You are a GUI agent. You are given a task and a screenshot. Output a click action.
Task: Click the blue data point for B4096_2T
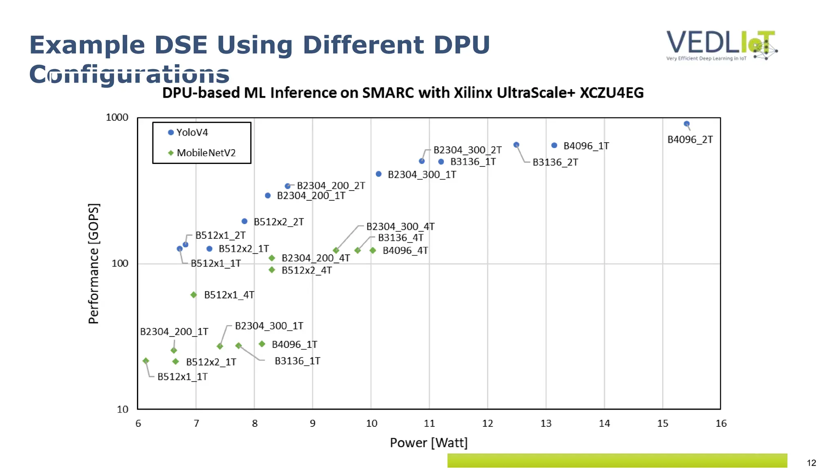[x=687, y=124]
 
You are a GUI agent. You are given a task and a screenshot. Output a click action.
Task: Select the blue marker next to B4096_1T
[x=554, y=146]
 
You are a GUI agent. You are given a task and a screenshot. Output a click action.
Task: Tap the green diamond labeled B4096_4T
[x=373, y=250]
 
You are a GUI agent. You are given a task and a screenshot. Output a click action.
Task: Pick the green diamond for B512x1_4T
[x=194, y=295]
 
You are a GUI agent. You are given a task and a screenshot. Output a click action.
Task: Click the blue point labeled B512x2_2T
[x=244, y=221]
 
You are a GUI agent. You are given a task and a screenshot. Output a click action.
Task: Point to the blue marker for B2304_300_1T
[x=378, y=174]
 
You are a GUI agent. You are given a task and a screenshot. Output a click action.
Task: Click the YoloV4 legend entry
[x=188, y=132]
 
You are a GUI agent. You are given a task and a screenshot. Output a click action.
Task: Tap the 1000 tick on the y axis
[x=117, y=118]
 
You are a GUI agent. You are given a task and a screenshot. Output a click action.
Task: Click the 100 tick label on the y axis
[x=120, y=263]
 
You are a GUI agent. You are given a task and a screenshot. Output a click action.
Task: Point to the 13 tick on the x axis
[x=546, y=424]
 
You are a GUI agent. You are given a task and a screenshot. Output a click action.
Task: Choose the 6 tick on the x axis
[x=138, y=424]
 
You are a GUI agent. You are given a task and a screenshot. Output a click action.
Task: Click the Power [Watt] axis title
[x=428, y=443]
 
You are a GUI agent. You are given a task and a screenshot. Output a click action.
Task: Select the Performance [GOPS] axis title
[x=94, y=264]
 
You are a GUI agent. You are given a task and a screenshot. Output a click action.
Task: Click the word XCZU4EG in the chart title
[x=611, y=93]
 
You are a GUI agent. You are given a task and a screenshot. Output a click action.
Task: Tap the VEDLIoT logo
[x=721, y=45]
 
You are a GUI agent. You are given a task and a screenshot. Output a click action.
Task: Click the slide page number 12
[x=811, y=463]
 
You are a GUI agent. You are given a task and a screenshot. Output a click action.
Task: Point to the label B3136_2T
[x=555, y=162]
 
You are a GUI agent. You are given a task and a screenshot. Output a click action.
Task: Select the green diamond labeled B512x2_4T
[x=272, y=270]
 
